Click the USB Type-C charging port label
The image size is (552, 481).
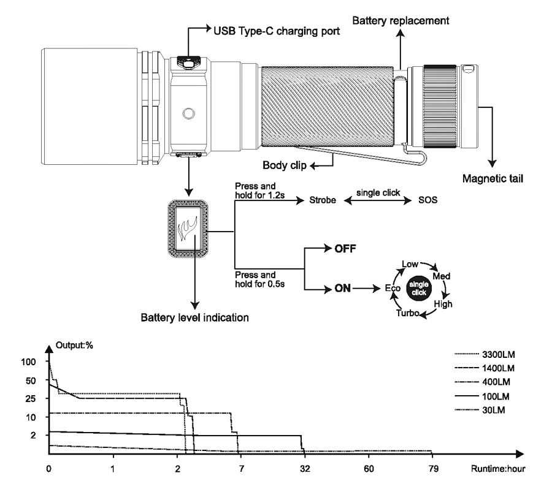277,31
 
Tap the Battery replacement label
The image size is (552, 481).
401,21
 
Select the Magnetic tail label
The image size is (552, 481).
493,179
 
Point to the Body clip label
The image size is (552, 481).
285,165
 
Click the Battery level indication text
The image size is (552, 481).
194,318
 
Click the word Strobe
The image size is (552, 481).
323,200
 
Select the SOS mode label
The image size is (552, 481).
427,200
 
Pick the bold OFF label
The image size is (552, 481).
345,249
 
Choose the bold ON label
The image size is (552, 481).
342,289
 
